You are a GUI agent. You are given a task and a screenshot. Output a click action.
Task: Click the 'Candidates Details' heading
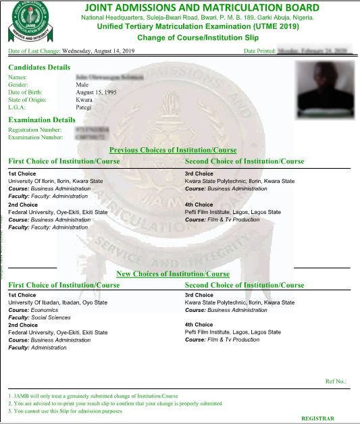click(39, 68)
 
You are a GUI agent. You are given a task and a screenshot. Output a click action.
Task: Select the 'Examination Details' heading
click(41, 120)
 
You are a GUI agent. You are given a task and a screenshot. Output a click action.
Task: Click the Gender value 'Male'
click(82, 84)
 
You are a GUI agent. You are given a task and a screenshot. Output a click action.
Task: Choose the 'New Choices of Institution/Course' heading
click(173, 273)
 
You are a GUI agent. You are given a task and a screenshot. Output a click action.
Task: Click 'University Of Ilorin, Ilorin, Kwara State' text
click(55, 181)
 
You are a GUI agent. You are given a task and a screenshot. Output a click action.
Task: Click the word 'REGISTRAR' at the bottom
click(317, 418)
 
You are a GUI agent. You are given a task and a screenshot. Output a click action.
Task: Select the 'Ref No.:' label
click(335, 381)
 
